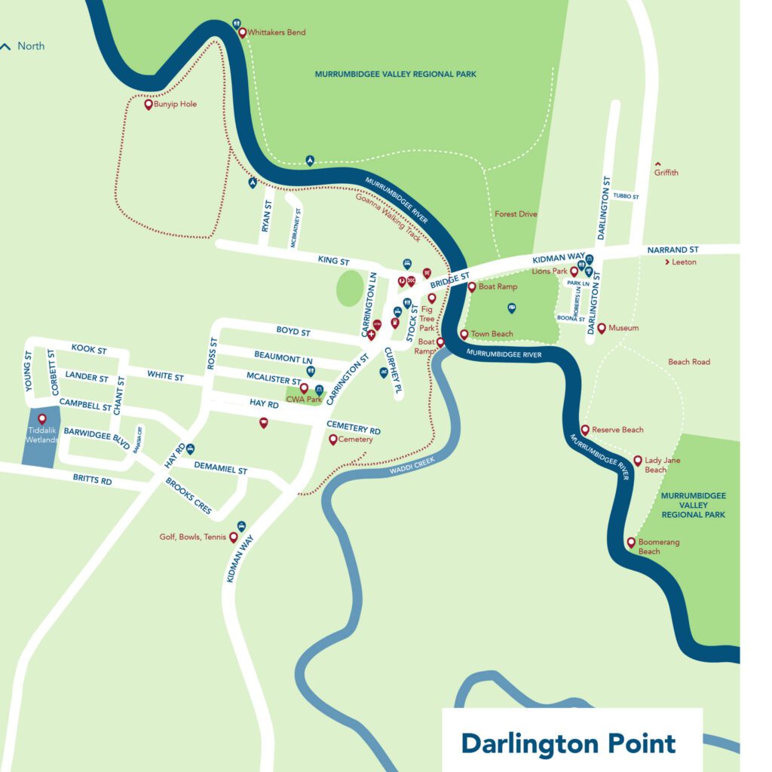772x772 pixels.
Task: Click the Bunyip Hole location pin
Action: pyautogui.click(x=149, y=104)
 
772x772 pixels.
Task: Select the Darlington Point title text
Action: pyautogui.click(x=568, y=743)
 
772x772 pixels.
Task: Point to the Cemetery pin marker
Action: pyautogui.click(x=332, y=439)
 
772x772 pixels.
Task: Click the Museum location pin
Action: pyautogui.click(x=602, y=328)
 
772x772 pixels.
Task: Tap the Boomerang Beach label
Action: pyautogui.click(x=649, y=547)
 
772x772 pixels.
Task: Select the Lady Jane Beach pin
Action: pyautogui.click(x=638, y=460)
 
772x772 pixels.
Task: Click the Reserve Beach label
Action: pyautogui.click(x=617, y=430)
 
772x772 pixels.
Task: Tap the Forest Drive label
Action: pyautogui.click(x=516, y=214)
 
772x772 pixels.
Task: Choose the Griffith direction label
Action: pyautogui.click(x=666, y=173)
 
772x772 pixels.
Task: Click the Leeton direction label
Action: pyautogui.click(x=685, y=262)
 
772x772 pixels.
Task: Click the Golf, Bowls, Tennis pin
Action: pyautogui.click(x=234, y=537)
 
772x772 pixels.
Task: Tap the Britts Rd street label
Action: pyautogui.click(x=92, y=480)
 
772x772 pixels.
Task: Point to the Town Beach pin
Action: pyautogui.click(x=464, y=334)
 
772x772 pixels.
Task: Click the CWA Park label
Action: pyautogui.click(x=299, y=399)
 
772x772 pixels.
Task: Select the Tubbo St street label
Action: pyautogui.click(x=626, y=196)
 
